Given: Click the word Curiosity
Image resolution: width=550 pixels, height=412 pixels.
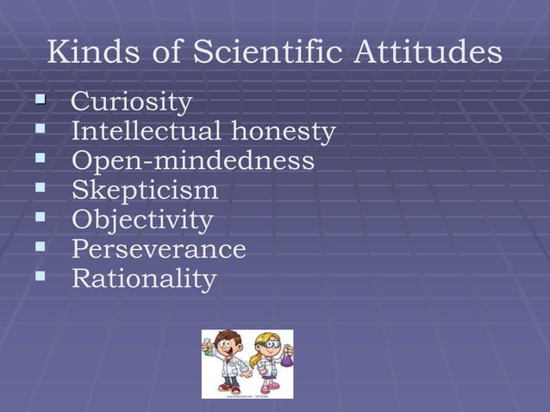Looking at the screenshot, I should [131, 103].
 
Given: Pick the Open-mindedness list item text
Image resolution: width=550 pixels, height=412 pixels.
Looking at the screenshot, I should [192, 162].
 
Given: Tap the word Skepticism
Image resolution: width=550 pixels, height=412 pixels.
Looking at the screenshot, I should [144, 190].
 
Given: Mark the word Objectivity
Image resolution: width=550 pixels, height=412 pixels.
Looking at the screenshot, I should [141, 221].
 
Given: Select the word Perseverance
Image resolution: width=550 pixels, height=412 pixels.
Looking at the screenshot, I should [159, 250].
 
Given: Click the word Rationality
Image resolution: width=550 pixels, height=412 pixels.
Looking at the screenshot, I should [143, 279].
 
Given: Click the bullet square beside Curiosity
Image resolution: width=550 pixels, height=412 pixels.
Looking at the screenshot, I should [40, 102].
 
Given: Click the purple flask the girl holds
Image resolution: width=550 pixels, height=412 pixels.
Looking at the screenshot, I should [286, 359].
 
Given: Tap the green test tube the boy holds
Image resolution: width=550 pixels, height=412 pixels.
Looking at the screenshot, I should [207, 349].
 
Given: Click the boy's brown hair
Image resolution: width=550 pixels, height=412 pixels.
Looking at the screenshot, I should [228, 337].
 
